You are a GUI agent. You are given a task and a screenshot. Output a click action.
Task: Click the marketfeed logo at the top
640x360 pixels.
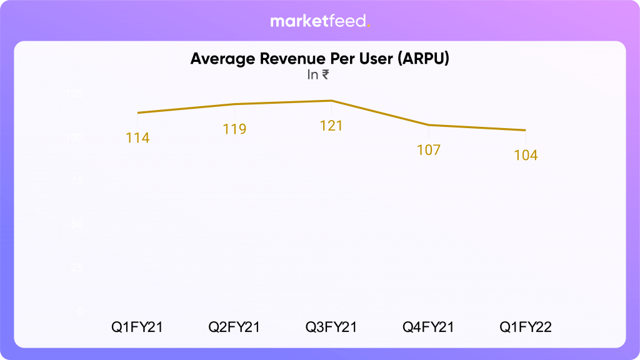pyautogui.click(x=320, y=21)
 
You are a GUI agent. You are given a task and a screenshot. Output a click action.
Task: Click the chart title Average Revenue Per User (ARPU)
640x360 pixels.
pyautogui.click(x=320, y=59)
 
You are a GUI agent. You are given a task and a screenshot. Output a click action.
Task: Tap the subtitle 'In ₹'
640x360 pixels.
pyautogui.click(x=318, y=76)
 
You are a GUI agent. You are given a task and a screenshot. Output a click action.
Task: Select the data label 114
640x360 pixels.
pyautogui.click(x=137, y=138)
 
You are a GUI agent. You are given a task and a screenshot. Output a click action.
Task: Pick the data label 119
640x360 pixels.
pyautogui.click(x=234, y=129)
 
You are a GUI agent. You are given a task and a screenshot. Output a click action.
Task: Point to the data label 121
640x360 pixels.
pyautogui.click(x=331, y=126)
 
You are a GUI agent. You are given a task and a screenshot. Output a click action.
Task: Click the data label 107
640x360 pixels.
pyautogui.click(x=429, y=150)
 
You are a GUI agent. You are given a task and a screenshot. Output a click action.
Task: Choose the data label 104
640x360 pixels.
pyautogui.click(x=526, y=155)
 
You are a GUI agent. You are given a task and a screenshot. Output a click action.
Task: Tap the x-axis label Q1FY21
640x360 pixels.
pyautogui.click(x=137, y=327)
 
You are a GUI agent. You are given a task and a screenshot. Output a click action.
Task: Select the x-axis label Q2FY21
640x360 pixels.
pyautogui.click(x=234, y=327)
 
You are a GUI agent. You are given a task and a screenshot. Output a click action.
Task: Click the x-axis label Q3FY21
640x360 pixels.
pyautogui.click(x=331, y=327)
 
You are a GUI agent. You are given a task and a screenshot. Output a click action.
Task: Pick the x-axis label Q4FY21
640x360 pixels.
pyautogui.click(x=429, y=327)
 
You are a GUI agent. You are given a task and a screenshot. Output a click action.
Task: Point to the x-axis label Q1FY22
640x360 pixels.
pyautogui.click(x=526, y=327)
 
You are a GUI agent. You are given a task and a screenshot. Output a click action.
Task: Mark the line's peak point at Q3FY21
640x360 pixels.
pyautogui.click(x=331, y=101)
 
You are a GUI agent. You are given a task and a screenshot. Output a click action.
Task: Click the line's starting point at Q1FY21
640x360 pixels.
pyautogui.click(x=137, y=112)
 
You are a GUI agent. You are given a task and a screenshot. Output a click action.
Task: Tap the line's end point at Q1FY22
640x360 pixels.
pyautogui.click(x=526, y=130)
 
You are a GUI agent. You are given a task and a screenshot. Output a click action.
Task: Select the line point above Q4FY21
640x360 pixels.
pyautogui.click(x=429, y=125)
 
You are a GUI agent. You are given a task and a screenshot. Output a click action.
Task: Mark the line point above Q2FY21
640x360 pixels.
pyautogui.click(x=234, y=104)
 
